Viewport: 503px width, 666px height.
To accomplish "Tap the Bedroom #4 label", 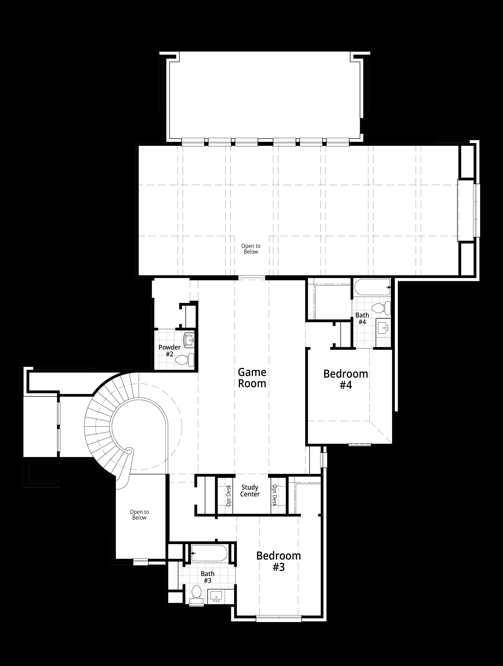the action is pyautogui.click(x=346, y=379).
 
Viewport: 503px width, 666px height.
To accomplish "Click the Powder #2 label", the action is pyautogui.click(x=170, y=350).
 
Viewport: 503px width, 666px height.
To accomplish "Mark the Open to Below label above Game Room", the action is pyautogui.click(x=251, y=249).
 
